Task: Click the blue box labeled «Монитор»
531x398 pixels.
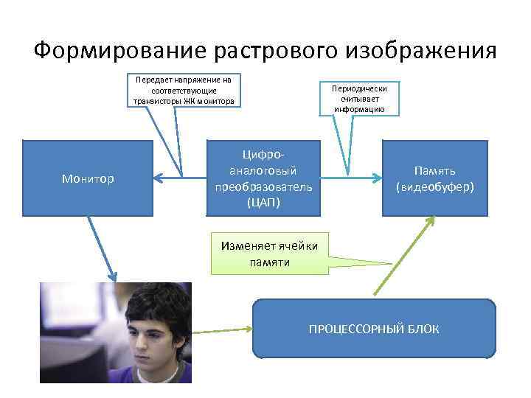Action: pyautogui.click(x=88, y=178)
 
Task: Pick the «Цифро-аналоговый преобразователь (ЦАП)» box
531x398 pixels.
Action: pyautogui.click(x=263, y=178)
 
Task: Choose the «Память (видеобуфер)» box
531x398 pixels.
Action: pyautogui.click(x=434, y=178)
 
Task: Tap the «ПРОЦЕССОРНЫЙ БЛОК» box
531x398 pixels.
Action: pyautogui.click(x=373, y=329)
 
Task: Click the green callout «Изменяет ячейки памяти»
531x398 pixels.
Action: pyautogui.click(x=269, y=254)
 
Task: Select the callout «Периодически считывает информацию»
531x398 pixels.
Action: pyautogui.click(x=358, y=98)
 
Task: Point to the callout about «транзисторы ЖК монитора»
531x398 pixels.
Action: pyautogui.click(x=184, y=90)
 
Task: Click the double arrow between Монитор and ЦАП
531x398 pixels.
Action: pyautogui.click(x=180, y=176)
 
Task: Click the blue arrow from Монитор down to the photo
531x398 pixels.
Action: pyautogui.click(x=101, y=248)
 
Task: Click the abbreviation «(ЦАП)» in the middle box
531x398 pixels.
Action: pyautogui.click(x=263, y=201)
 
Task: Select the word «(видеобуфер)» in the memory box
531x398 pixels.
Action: pyautogui.click(x=434, y=187)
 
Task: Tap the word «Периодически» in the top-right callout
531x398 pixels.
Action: pyautogui.click(x=358, y=88)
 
